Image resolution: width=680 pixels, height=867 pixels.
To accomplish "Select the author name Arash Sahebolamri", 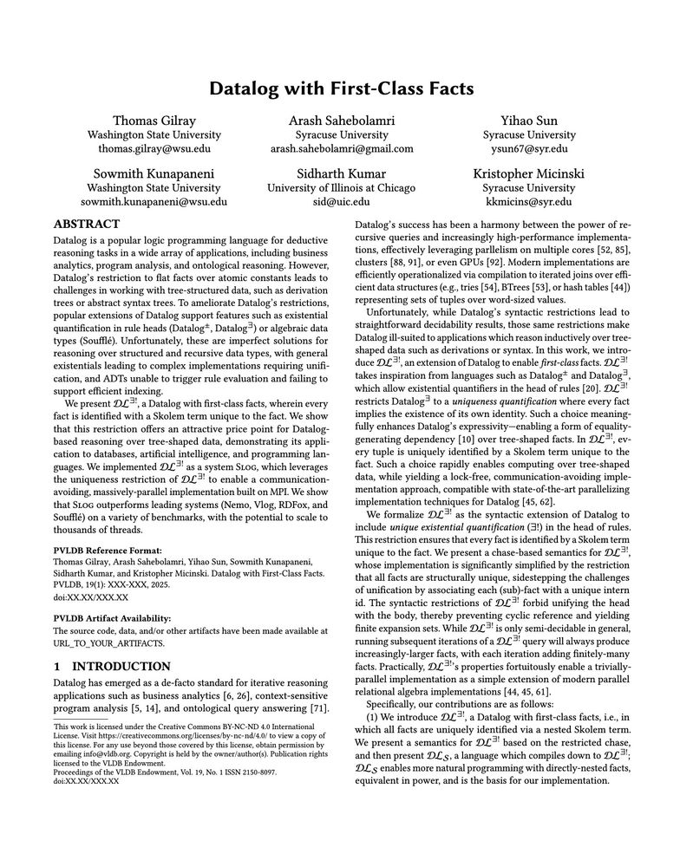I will (341, 120).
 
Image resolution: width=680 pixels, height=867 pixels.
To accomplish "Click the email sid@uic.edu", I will (341, 201).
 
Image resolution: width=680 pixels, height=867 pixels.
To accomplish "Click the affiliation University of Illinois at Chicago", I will (341, 187).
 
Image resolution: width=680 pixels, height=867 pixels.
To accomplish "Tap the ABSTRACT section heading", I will (87, 224).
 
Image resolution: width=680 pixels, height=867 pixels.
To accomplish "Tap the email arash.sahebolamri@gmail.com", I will (341, 149).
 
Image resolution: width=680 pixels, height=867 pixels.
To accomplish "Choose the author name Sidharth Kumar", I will (341, 172).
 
